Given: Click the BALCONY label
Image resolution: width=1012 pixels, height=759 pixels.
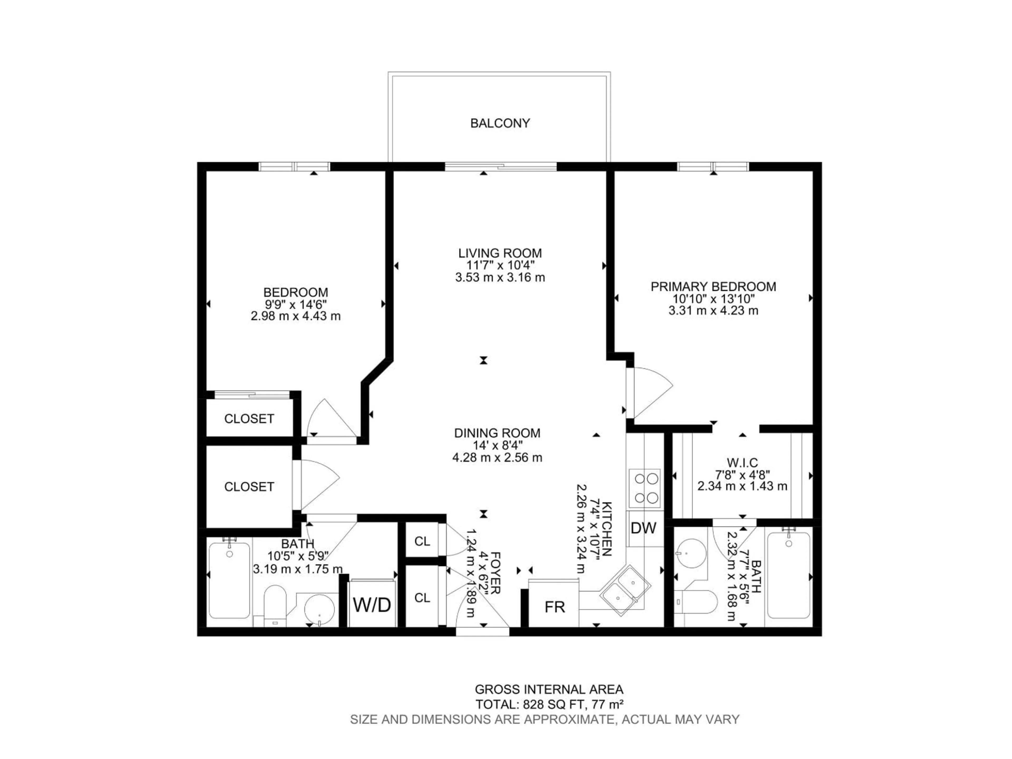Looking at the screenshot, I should coord(500,123).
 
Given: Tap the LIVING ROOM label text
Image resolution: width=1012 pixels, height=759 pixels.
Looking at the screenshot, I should coord(500,253).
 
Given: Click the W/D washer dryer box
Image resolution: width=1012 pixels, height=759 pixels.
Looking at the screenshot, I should coord(372,605).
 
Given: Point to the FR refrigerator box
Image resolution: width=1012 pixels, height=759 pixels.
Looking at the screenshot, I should coord(554,607).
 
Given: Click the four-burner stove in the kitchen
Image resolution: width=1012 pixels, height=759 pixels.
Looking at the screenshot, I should coord(644,488).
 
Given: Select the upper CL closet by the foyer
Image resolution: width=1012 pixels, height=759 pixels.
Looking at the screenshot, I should coord(422,541).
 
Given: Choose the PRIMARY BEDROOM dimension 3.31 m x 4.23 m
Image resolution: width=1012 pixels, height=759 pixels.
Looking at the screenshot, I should coord(713,311).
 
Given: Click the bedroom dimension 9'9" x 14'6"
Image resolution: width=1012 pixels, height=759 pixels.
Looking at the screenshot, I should coord(295,304).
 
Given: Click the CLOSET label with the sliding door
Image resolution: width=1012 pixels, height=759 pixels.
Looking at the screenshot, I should coord(249,419).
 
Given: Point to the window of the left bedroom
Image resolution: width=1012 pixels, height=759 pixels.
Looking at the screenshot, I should coord(294,167).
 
